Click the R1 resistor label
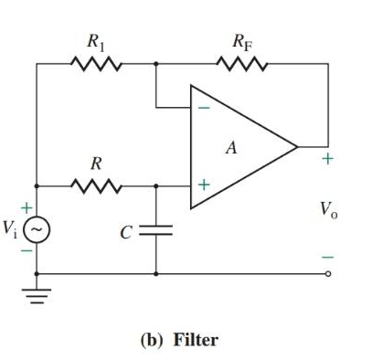[95, 41]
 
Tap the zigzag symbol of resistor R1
[93, 65]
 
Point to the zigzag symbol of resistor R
[93, 185]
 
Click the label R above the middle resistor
[94, 164]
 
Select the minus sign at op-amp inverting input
[205, 107]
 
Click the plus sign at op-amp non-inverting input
[205, 185]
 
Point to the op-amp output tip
[297, 146]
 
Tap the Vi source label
[12, 229]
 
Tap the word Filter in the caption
[195, 340]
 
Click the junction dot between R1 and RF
[155, 65]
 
